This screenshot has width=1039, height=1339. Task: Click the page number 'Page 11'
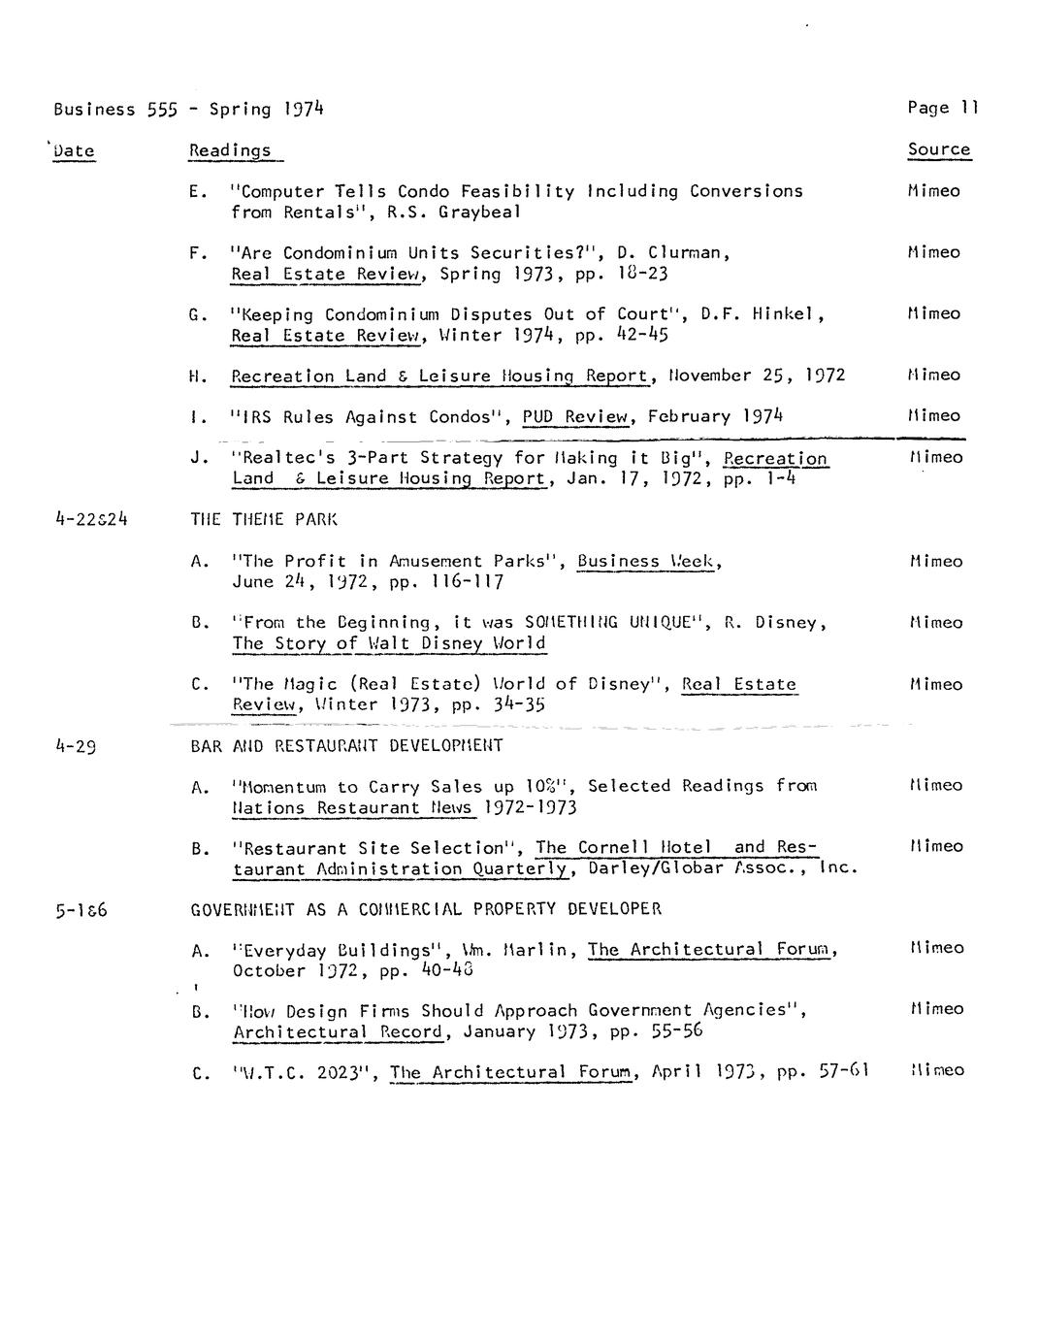[943, 108]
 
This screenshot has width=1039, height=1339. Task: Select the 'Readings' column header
[230, 150]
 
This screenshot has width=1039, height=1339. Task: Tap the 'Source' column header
[938, 149]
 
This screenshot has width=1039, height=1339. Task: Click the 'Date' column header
[75, 150]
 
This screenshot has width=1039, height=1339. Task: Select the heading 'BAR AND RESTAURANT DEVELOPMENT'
[346, 746]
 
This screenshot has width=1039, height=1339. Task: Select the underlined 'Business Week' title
[648, 561]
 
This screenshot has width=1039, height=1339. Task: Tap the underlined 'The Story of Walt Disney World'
[388, 643]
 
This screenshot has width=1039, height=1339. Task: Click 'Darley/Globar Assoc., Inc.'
[723, 868]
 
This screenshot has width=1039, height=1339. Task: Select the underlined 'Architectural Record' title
[339, 1031]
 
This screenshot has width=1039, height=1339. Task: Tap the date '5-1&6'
[81, 910]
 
